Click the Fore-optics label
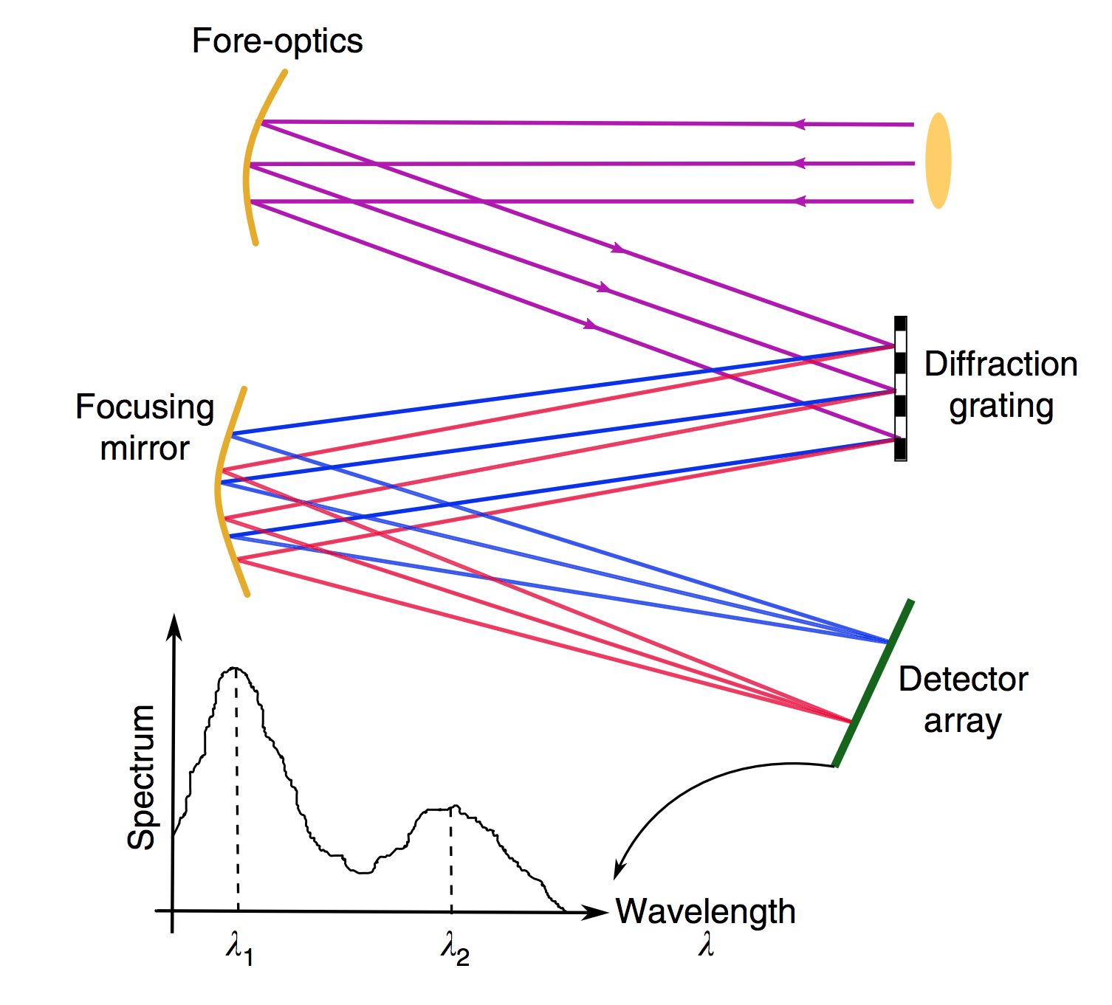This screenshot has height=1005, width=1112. point(277,41)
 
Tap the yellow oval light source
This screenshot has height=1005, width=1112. point(938,161)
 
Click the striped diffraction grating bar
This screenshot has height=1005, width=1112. point(900,389)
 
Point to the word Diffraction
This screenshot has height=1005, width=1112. point(1001,365)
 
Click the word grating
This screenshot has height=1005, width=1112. point(1001,407)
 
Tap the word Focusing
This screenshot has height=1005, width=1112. point(145,407)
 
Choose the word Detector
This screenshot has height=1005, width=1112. point(963,680)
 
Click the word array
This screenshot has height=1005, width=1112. point(962,721)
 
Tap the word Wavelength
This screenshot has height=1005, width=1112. point(705,912)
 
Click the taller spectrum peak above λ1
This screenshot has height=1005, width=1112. point(236,669)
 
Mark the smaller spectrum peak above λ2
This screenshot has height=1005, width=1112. point(452,808)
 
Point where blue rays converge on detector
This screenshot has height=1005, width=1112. point(887,642)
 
